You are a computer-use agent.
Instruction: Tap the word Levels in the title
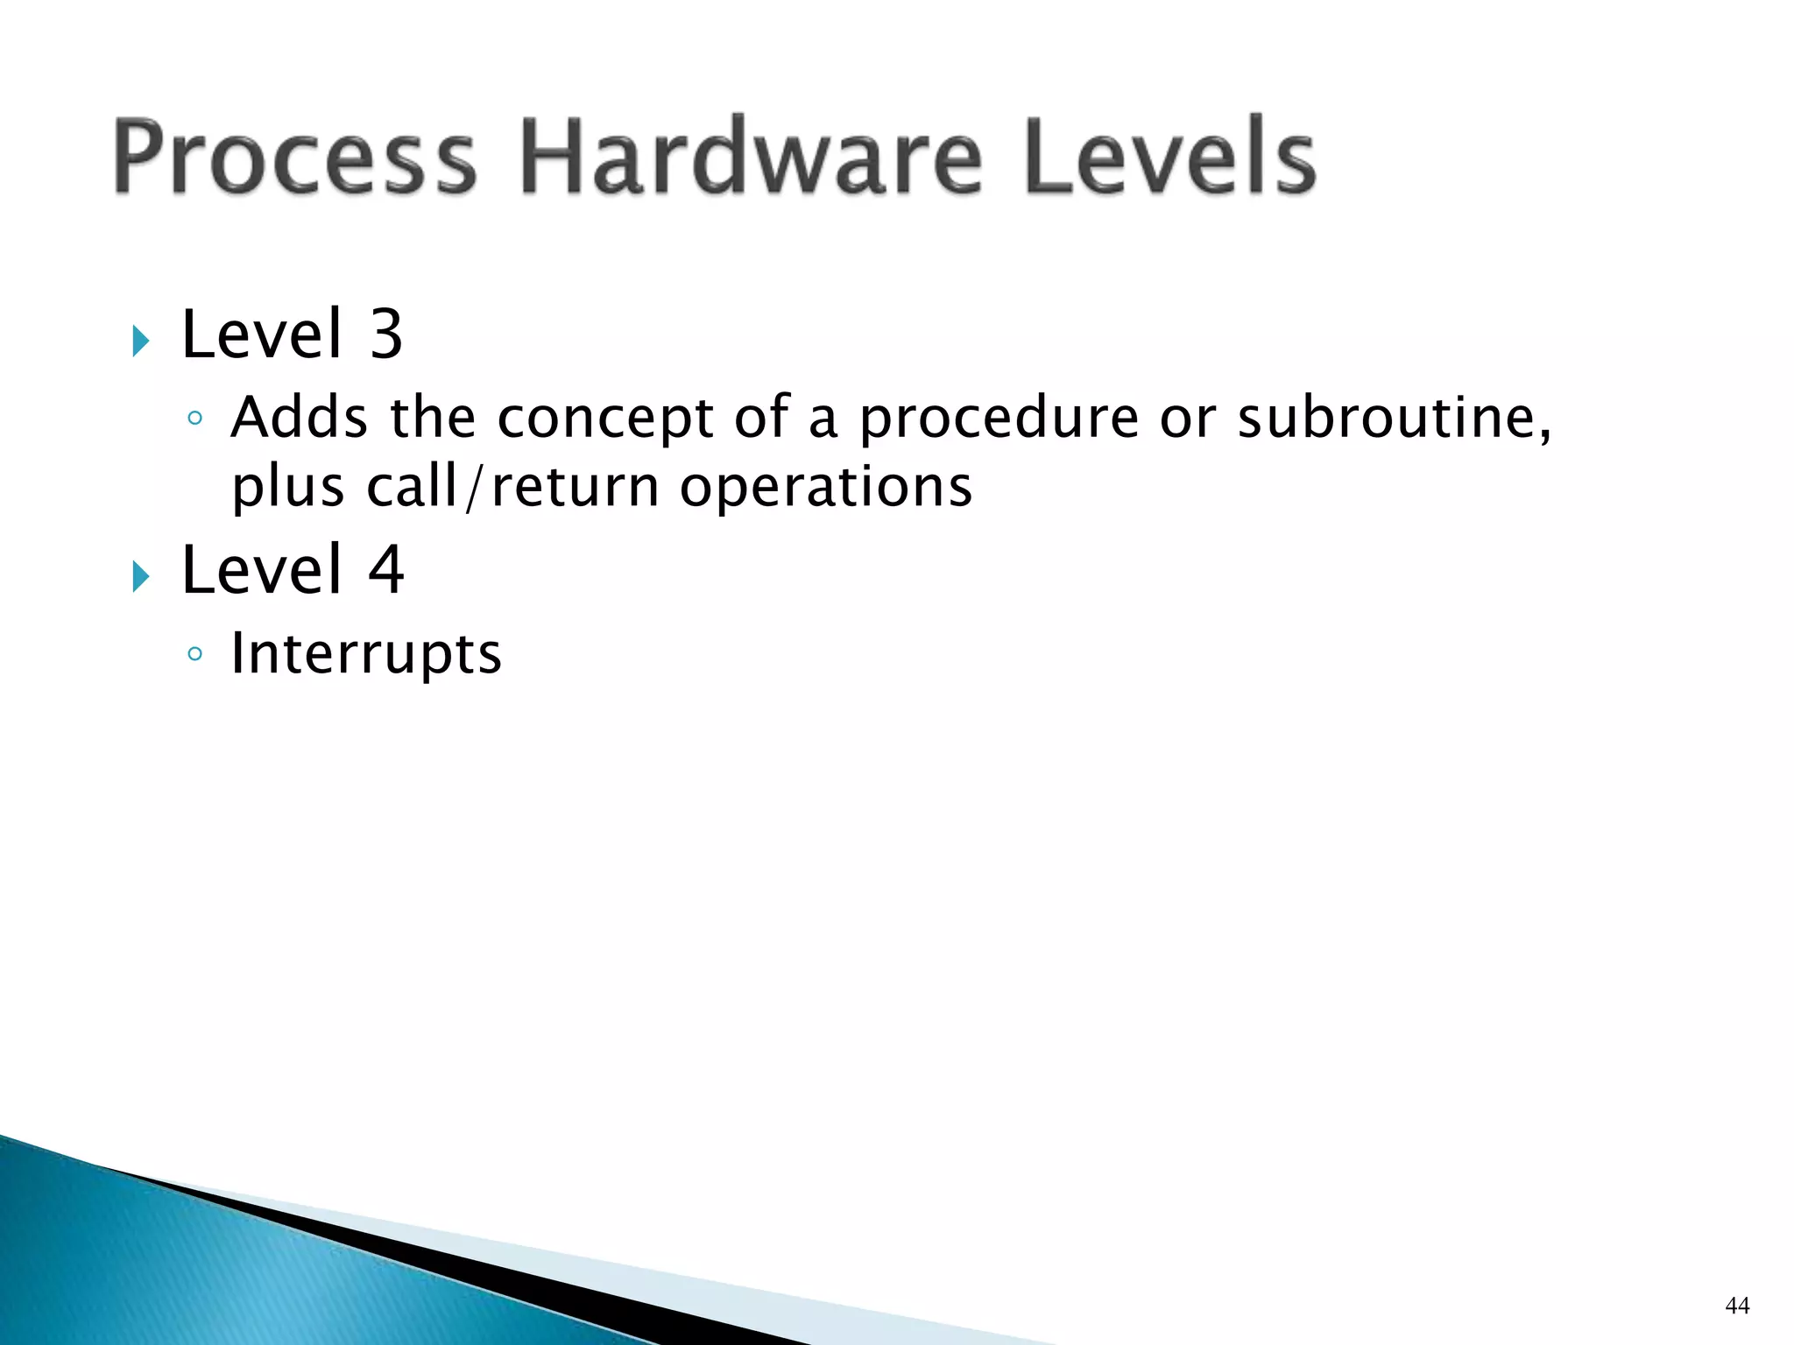pyautogui.click(x=1169, y=158)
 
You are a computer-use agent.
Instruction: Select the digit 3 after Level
pyautogui.click(x=385, y=334)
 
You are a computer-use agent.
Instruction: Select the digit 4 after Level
pyautogui.click(x=385, y=570)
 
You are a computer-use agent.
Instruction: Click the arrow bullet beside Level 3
pyautogui.click(x=141, y=341)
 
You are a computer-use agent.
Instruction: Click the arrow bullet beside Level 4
pyautogui.click(x=141, y=576)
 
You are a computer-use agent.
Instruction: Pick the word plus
pyautogui.click(x=287, y=489)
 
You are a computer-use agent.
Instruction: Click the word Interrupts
pyautogui.click(x=366, y=654)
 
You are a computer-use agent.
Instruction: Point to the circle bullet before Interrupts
pyautogui.click(x=195, y=654)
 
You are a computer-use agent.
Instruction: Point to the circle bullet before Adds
pyautogui.click(x=195, y=419)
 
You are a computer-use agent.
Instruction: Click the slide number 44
pyautogui.click(x=1737, y=1306)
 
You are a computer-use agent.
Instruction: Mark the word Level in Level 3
pyautogui.click(x=261, y=334)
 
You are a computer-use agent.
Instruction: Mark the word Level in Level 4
pyautogui.click(x=261, y=570)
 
